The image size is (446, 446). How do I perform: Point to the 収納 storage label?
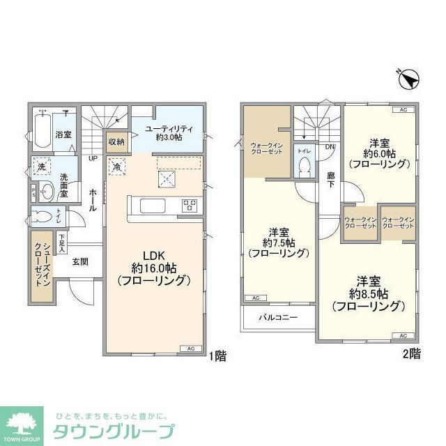(x=116, y=141)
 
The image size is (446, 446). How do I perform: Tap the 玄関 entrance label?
(x=79, y=262)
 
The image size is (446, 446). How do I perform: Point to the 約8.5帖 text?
(x=368, y=293)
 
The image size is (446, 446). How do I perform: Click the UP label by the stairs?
(x=92, y=157)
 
